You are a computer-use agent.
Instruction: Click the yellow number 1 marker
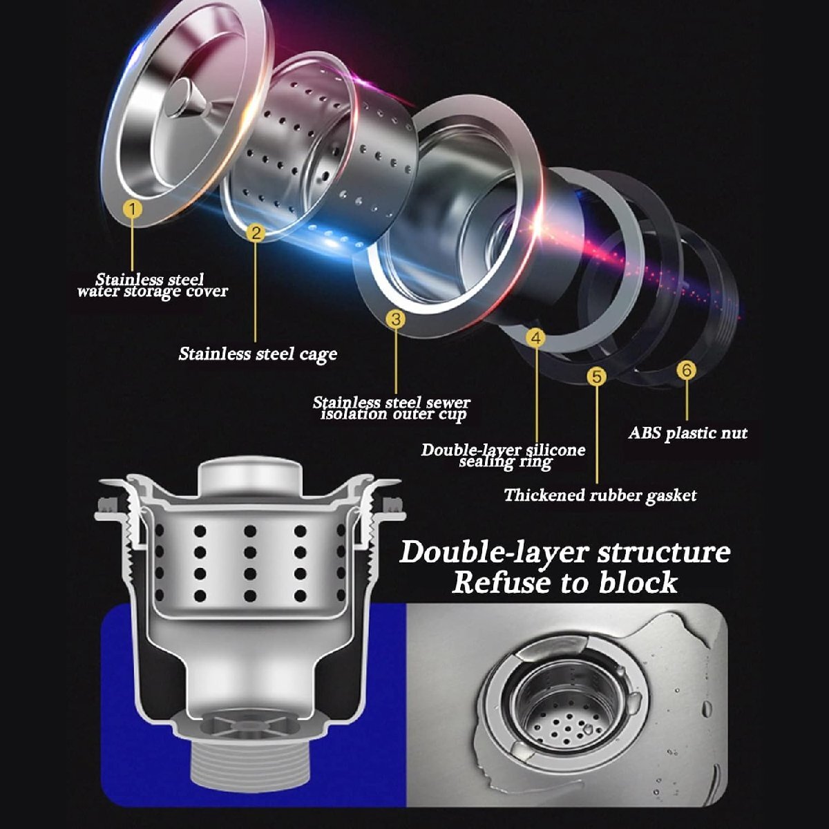pos(133,209)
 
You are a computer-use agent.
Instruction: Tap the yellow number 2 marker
pos(256,233)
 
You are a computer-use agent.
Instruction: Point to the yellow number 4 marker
pos(535,337)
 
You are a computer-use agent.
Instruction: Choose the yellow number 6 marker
pos(686,370)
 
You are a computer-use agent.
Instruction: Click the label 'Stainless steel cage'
pos(258,355)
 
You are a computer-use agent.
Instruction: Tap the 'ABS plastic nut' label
pos(688,432)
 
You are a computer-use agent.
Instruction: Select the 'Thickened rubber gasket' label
pos(600,495)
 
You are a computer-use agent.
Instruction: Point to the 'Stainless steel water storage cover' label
pos(152,285)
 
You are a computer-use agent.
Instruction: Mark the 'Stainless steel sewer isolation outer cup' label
pos(392,409)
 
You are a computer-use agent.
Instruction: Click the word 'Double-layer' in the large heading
pos(493,553)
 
